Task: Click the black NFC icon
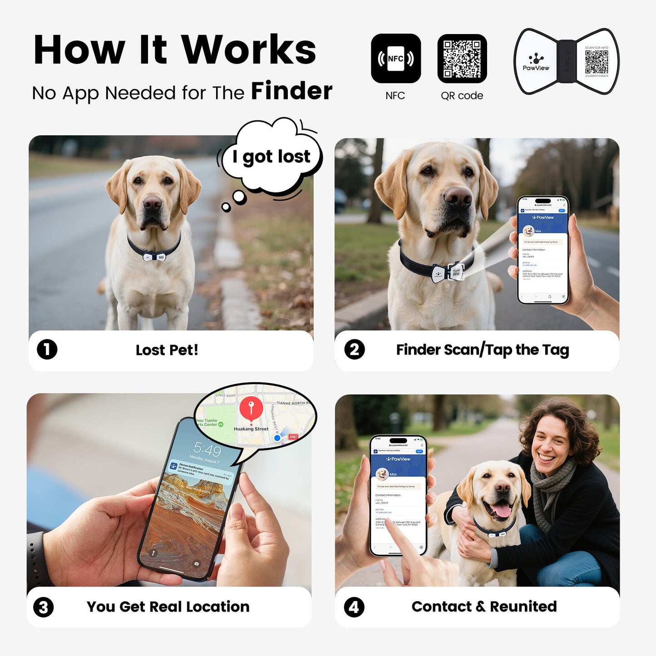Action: click(395, 59)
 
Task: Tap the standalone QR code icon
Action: click(462, 59)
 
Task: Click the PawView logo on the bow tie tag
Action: click(536, 62)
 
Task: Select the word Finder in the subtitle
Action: click(291, 91)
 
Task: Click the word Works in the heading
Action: click(248, 49)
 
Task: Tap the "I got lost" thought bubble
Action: click(271, 156)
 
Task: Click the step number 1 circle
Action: click(47, 350)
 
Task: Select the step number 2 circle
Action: click(354, 350)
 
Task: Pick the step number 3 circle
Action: click(44, 607)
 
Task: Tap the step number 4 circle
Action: click(354, 607)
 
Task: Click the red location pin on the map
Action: click(251, 408)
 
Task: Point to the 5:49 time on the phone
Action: click(207, 450)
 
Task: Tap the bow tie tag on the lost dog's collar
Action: click(154, 257)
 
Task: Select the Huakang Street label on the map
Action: click(251, 429)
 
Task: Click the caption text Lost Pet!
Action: click(167, 350)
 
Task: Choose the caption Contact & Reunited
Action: click(484, 607)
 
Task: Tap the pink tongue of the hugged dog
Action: click(502, 511)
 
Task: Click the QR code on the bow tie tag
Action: click(596, 62)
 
